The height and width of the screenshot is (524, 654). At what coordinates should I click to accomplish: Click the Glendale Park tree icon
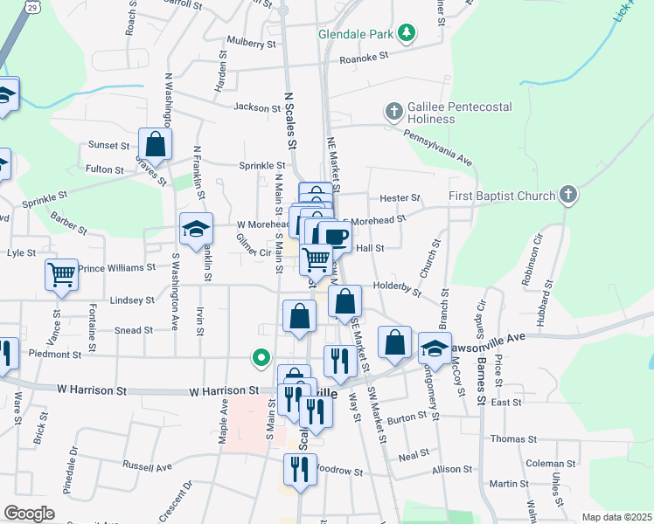point(406,33)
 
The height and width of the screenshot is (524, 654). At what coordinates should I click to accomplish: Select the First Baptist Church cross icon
point(568,195)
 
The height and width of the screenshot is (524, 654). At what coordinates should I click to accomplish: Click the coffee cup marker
point(334,236)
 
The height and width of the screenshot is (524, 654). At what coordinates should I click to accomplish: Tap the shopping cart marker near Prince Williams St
point(62,274)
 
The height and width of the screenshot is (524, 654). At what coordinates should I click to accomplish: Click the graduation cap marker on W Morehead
point(196,229)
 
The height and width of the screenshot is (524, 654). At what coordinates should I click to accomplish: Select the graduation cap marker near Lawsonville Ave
point(435,348)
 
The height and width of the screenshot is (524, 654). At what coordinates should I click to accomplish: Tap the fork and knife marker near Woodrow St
point(300,469)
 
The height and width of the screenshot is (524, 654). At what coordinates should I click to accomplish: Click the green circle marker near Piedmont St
point(260,356)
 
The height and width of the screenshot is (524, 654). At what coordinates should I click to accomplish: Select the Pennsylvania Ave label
point(437,148)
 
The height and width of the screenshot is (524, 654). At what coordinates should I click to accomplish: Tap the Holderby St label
point(398,284)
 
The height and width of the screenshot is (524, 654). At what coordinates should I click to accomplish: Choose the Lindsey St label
point(132,300)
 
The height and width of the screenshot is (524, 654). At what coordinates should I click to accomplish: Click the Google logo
point(29,514)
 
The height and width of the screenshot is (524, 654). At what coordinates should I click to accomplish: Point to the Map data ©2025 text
point(616,517)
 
